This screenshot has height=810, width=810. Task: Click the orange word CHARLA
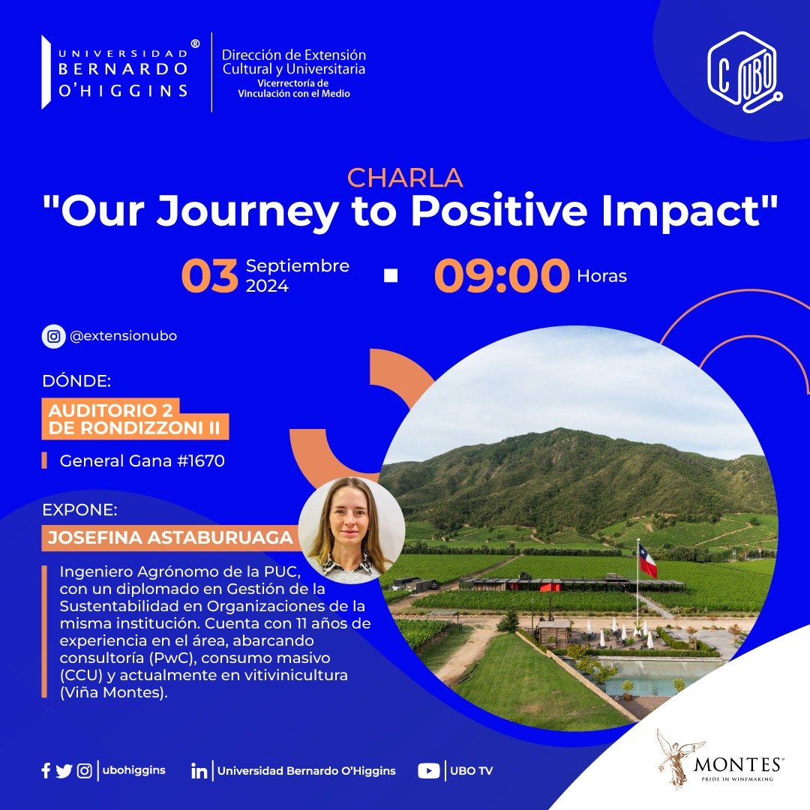tap(405, 178)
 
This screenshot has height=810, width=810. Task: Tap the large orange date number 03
tap(210, 275)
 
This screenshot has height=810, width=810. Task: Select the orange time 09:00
tap(502, 275)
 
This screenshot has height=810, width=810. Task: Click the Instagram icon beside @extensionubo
tap(54, 336)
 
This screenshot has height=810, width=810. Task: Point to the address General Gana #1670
tap(142, 460)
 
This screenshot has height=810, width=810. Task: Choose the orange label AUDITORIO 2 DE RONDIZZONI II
tap(134, 419)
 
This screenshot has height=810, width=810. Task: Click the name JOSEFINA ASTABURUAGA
tap(170, 538)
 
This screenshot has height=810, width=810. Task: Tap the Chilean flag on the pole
tap(647, 560)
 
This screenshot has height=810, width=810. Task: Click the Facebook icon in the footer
tap(46, 771)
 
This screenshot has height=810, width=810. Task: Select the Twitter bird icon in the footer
tap(64, 771)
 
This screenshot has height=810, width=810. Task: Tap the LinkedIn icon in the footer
tap(199, 771)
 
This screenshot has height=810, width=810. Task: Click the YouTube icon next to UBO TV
tap(428, 771)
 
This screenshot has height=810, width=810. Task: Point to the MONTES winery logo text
tap(739, 764)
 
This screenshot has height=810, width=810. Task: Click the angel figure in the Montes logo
tap(675, 759)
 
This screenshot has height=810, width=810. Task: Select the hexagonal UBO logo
tap(745, 72)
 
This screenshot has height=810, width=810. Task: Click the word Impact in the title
tap(690, 211)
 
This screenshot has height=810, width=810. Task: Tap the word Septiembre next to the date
tap(298, 266)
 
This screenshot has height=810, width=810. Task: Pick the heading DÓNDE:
tap(76, 381)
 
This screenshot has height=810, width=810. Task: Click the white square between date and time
tap(391, 275)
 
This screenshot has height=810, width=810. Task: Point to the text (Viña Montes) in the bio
tap(114, 693)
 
